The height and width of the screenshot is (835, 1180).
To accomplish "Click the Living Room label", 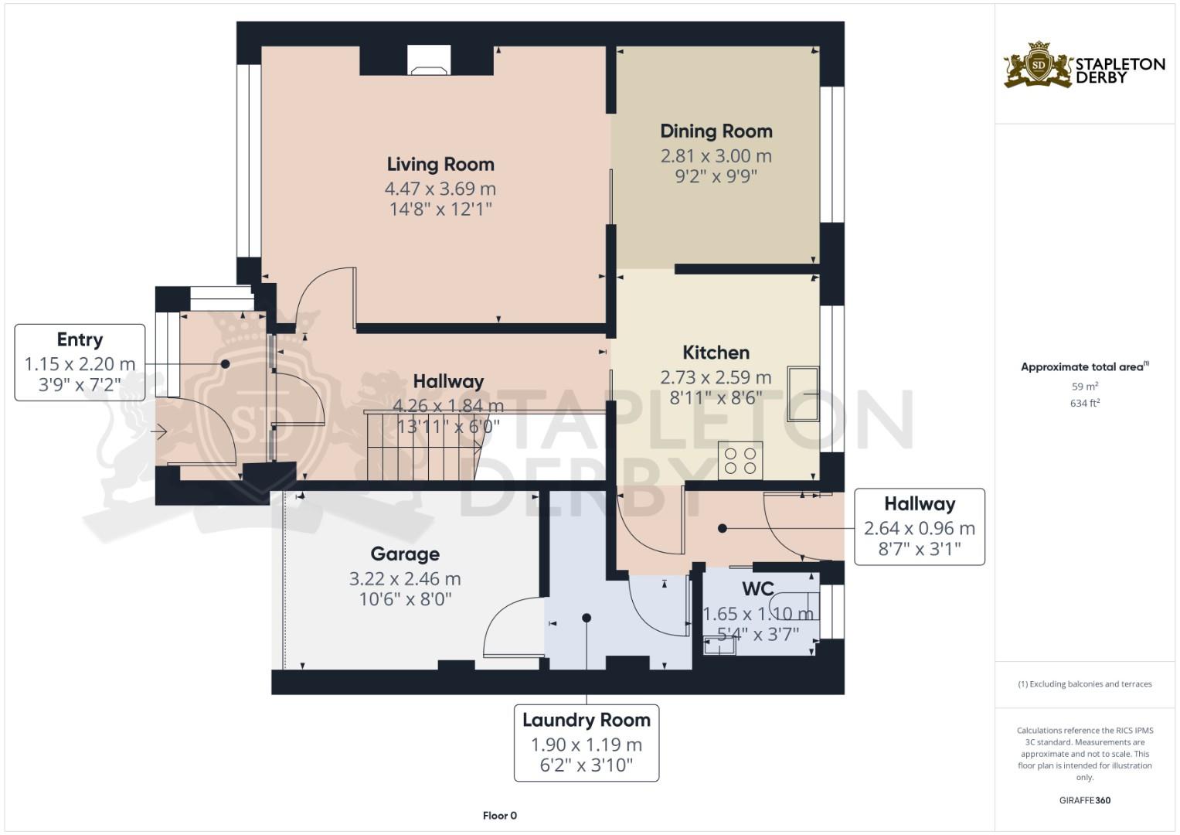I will [x=440, y=164].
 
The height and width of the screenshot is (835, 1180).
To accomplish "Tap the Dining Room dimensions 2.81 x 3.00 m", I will [x=716, y=155].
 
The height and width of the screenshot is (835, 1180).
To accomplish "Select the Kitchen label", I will [x=716, y=353].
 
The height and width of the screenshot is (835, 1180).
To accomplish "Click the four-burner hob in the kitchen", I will [x=740, y=460].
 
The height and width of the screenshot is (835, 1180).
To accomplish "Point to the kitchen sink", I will [x=803, y=394].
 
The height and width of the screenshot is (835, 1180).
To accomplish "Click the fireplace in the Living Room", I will [x=428, y=61].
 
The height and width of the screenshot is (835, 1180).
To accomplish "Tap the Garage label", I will [x=405, y=554].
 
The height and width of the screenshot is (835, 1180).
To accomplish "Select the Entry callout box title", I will [x=80, y=339].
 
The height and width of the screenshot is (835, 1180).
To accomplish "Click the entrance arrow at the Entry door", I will [x=161, y=433].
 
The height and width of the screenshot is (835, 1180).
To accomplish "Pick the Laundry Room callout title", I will [x=587, y=720].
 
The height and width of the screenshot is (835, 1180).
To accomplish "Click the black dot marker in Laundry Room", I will [x=587, y=618].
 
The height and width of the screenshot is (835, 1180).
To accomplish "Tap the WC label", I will [x=758, y=589].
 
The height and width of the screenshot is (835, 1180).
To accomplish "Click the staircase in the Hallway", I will [x=421, y=446].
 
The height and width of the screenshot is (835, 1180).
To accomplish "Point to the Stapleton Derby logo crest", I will [x=1039, y=66].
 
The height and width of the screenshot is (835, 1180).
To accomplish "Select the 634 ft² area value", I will [x=1085, y=403].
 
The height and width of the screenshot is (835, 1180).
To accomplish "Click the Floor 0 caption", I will [x=499, y=816].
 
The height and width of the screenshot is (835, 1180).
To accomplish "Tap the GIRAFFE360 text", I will [x=1084, y=800].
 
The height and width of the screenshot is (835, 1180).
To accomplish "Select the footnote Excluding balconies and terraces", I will [x=1084, y=684].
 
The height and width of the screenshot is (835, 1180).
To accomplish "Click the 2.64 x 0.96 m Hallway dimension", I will [x=920, y=528].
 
